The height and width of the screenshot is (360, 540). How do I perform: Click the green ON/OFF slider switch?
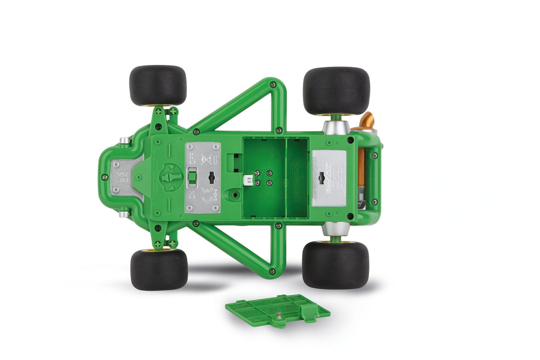192,177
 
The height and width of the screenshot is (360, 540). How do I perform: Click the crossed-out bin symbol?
205,158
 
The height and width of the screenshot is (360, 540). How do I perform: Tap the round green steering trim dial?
170,177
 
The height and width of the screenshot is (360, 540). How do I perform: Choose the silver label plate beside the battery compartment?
329,178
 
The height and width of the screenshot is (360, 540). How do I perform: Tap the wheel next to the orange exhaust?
336,91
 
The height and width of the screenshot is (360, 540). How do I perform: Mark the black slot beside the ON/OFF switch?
212,177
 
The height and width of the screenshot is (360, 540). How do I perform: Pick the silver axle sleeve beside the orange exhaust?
336,126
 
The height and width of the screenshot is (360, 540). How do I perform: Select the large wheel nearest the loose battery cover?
335,265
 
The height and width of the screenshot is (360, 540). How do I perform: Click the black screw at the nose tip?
105,177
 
